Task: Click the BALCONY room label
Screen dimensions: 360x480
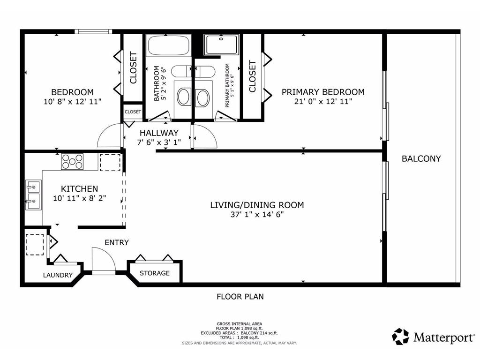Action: pos(421,158)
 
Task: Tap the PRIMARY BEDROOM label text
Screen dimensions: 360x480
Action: pos(323,92)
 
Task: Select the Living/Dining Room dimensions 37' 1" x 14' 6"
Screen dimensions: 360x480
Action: pos(257,215)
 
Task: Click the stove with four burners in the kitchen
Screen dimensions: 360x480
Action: pos(72,162)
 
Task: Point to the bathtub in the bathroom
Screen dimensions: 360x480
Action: pos(168,46)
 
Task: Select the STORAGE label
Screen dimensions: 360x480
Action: pos(154,273)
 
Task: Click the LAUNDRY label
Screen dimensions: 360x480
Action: pos(58,275)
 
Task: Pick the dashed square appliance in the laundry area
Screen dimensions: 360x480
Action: pos(34,244)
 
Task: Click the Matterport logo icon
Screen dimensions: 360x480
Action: pos(400,337)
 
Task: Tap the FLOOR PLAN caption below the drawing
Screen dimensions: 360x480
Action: pos(240,296)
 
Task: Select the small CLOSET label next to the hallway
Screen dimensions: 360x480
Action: pos(133,112)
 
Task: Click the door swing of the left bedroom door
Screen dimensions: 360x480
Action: pos(109,136)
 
